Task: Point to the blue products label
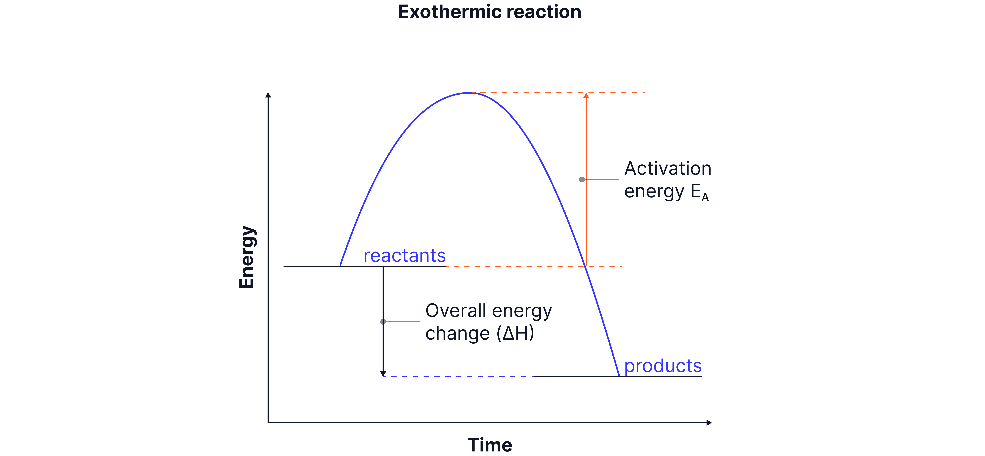(663, 366)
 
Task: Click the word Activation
(668, 169)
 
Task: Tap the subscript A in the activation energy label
(705, 197)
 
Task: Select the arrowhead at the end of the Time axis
(709, 423)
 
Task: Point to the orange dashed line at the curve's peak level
(558, 92)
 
